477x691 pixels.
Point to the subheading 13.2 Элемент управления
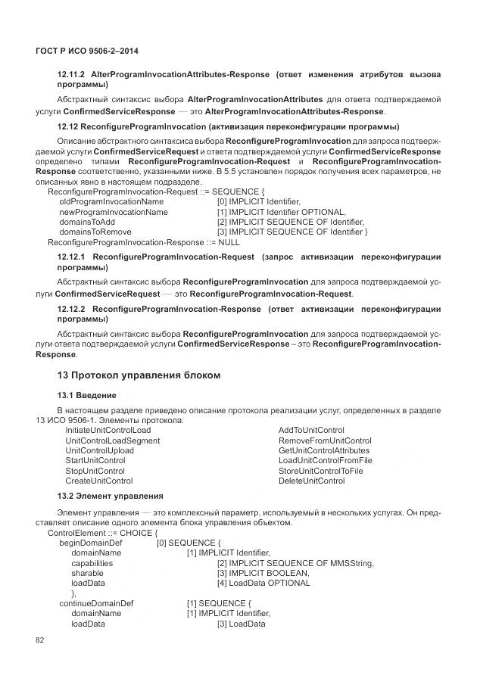tap(110, 496)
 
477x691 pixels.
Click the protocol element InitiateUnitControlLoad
tap(108, 430)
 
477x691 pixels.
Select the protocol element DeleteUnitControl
tap(311, 481)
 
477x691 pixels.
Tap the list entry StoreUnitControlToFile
tap(320, 471)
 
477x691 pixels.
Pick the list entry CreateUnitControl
tap(99, 481)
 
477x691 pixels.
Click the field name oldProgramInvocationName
tap(111, 202)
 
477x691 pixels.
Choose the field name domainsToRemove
tap(95, 232)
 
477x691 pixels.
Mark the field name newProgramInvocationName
tap(114, 212)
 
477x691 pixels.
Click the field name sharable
tap(88, 573)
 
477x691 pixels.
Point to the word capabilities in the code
tap(92, 563)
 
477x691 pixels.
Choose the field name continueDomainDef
tap(96, 603)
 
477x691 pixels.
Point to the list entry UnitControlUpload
tap(100, 450)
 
